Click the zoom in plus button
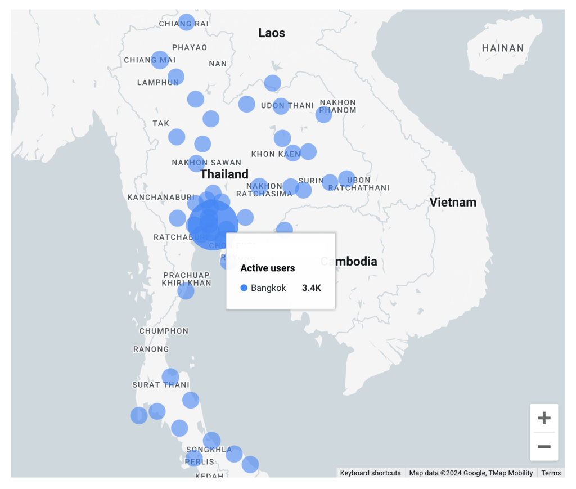544,418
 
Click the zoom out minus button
544,447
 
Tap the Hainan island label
503,48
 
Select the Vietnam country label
453,202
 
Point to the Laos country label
272,33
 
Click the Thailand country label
224,174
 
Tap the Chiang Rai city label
183,24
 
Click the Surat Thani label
161,385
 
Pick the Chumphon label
164,331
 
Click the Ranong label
151,349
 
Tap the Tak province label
161,123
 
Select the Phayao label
190,47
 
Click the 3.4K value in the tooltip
311,288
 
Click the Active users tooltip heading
268,268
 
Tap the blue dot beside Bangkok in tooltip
244,288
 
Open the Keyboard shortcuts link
371,473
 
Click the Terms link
551,473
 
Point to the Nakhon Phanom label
337,106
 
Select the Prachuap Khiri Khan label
187,279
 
